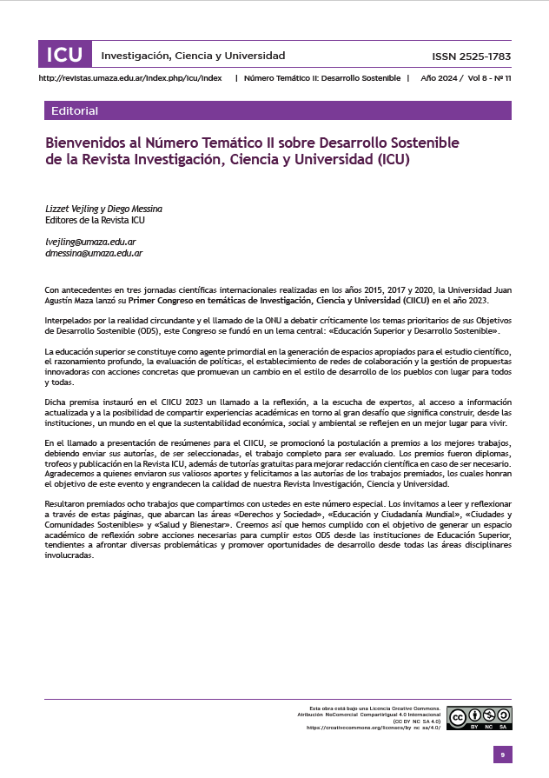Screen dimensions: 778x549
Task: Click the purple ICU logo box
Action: pyautogui.click(x=65, y=56)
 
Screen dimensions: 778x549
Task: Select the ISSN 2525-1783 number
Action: pyautogui.click(x=471, y=57)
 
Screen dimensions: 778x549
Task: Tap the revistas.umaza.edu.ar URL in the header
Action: pyautogui.click(x=130, y=78)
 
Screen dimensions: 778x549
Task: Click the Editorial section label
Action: pyautogui.click(x=75, y=111)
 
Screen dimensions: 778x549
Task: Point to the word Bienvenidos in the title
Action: pyautogui.click(x=85, y=142)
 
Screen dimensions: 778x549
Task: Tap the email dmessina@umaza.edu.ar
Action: pyautogui.click(x=94, y=253)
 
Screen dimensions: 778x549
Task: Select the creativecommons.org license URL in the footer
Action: pyautogui.click(x=374, y=727)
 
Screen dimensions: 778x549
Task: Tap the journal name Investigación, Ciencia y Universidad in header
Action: pyautogui.click(x=193, y=56)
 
